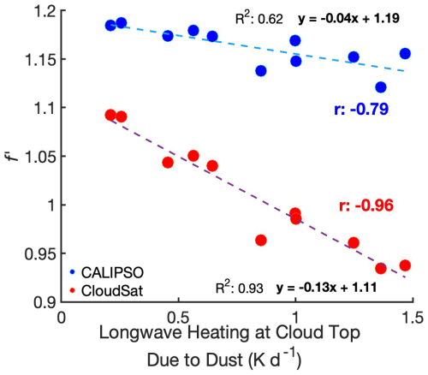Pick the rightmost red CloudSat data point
coord(405,265)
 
